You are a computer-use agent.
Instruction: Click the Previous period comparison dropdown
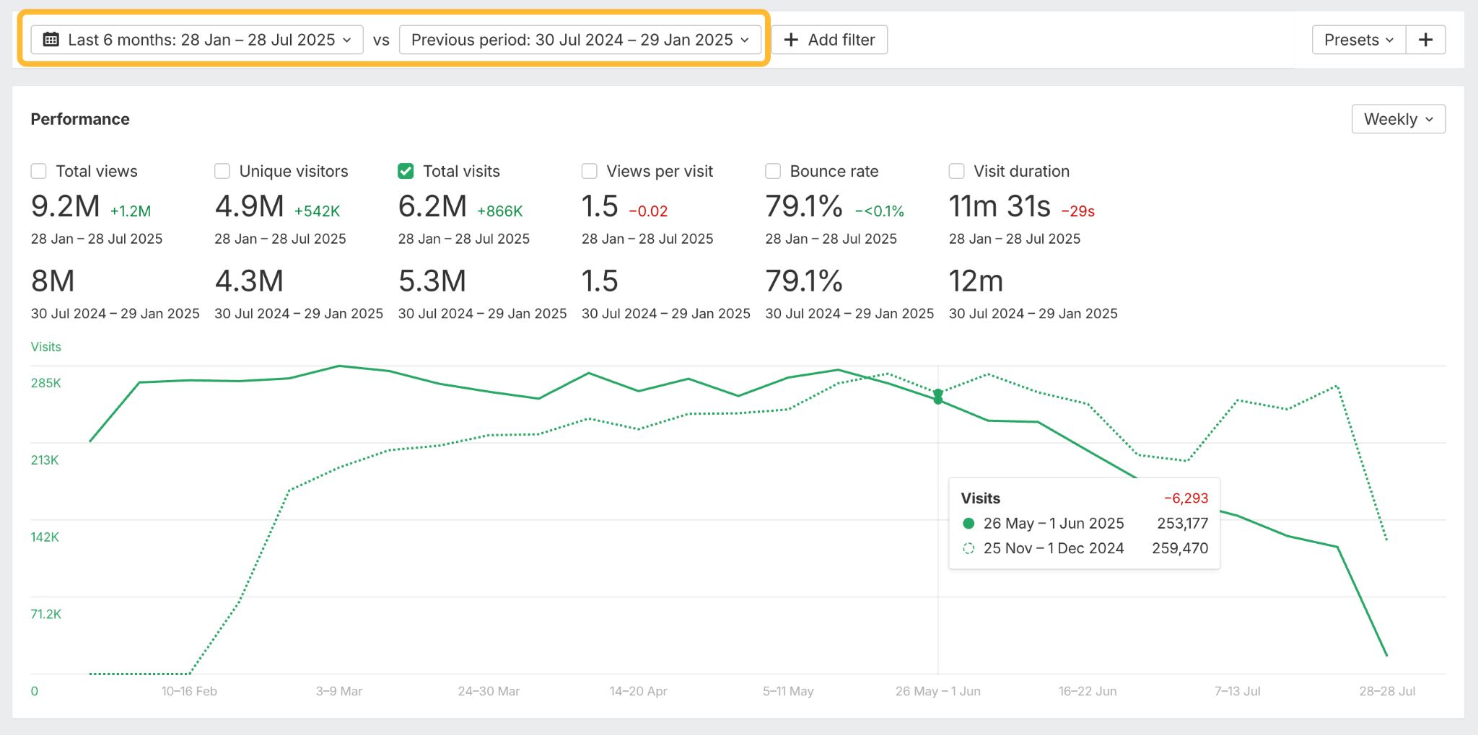click(580, 40)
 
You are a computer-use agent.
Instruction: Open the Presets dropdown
click(1357, 40)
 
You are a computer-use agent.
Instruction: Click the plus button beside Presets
click(1425, 40)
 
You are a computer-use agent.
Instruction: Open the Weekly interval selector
click(1398, 119)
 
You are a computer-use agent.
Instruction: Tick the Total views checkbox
click(39, 171)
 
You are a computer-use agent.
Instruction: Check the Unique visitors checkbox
click(222, 171)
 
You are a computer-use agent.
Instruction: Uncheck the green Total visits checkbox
click(406, 171)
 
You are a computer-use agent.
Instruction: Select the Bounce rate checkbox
click(773, 171)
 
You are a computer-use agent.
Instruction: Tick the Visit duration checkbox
click(956, 171)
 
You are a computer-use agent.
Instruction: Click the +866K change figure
click(499, 211)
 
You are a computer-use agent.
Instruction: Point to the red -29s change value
click(1077, 211)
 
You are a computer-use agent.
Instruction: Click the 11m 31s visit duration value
click(1000, 207)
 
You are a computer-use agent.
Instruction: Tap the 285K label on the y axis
click(45, 383)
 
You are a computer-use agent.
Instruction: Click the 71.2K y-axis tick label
click(45, 615)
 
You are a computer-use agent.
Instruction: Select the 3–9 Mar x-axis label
click(339, 691)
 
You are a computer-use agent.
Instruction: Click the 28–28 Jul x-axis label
click(1387, 691)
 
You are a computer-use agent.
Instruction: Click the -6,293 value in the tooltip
click(1186, 498)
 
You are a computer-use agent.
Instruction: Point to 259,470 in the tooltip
click(1180, 548)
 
